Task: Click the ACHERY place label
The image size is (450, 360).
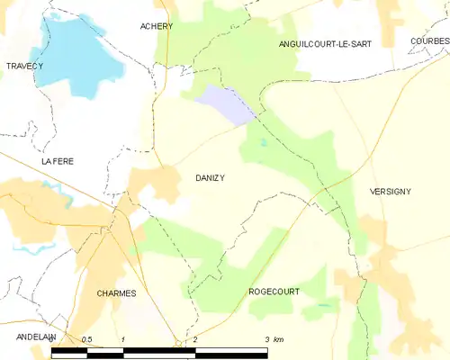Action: click(156, 26)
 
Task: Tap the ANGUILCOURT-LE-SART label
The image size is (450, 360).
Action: click(324, 42)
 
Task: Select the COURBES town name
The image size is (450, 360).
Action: click(428, 41)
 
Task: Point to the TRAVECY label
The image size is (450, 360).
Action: click(24, 67)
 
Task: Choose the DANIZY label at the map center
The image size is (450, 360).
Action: click(210, 178)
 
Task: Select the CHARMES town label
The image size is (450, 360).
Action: click(116, 293)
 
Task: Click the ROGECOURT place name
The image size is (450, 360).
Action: click(274, 292)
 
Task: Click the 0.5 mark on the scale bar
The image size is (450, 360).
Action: click(86, 339)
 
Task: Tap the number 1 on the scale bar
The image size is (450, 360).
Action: click(121, 339)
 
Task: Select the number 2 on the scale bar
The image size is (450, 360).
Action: click(194, 339)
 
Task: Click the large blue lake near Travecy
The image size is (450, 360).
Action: click(81, 54)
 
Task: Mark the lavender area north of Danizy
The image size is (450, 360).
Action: click(225, 103)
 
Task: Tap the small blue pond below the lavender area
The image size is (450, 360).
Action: click(263, 142)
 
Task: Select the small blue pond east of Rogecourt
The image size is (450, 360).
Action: click(321, 307)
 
